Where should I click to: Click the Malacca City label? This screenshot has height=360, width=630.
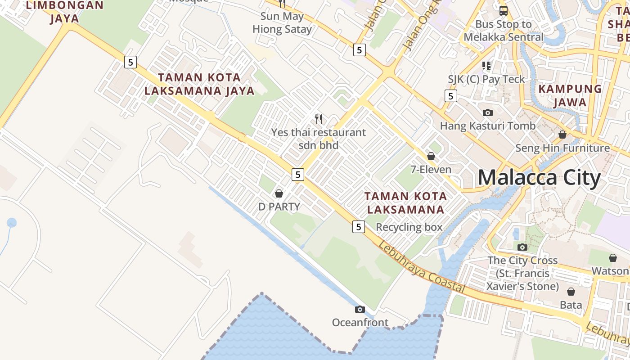click(x=539, y=178)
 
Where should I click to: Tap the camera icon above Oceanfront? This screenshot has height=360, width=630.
click(x=360, y=309)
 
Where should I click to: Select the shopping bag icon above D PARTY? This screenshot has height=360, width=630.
click(x=279, y=193)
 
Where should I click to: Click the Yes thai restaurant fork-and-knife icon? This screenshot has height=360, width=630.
click(x=319, y=119)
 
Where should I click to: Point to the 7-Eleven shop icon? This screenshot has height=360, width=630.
click(x=431, y=156)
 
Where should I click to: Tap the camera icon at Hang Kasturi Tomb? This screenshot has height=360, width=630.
click(x=487, y=112)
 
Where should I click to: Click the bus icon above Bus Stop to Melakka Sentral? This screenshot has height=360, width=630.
click(x=503, y=10)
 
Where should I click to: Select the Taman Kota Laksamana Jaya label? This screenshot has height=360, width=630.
click(x=199, y=84)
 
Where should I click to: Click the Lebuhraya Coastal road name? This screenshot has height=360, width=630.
click(x=421, y=267)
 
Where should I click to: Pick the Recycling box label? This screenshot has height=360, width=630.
click(x=409, y=227)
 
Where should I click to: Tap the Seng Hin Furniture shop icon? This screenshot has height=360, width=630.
click(x=562, y=135)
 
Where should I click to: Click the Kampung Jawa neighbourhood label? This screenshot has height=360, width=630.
click(x=570, y=95)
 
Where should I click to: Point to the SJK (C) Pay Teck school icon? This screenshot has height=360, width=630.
click(x=486, y=66)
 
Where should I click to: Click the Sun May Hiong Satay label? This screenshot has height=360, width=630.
click(x=282, y=23)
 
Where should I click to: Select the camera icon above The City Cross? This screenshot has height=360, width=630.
click(x=522, y=247)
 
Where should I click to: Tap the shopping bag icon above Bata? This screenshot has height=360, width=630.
click(x=571, y=292)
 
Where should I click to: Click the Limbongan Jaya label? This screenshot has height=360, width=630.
click(x=65, y=12)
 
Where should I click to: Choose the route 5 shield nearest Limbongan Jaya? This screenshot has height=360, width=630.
click(x=130, y=62)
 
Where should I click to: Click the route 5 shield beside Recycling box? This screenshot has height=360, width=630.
click(x=358, y=227)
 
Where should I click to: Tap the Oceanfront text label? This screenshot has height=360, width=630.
click(x=360, y=322)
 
